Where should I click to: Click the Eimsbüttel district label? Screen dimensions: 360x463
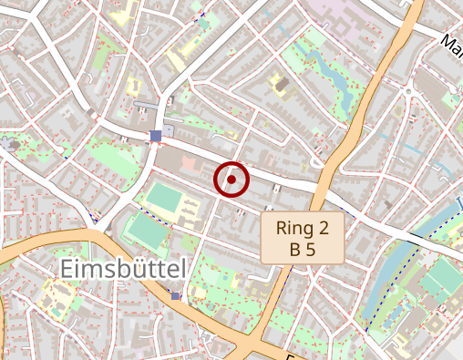124,268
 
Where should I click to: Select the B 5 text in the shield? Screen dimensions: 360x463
303,248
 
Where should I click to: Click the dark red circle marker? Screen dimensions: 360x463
231,180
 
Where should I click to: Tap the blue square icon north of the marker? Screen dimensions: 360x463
156,136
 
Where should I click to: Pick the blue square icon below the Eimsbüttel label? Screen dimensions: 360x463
175,296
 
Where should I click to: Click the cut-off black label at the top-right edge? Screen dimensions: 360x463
451,42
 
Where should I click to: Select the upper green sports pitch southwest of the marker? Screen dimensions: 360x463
165,198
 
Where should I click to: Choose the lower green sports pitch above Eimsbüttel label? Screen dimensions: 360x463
146,229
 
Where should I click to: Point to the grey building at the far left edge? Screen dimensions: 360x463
11,144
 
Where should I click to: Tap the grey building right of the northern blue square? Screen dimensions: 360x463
170,132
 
